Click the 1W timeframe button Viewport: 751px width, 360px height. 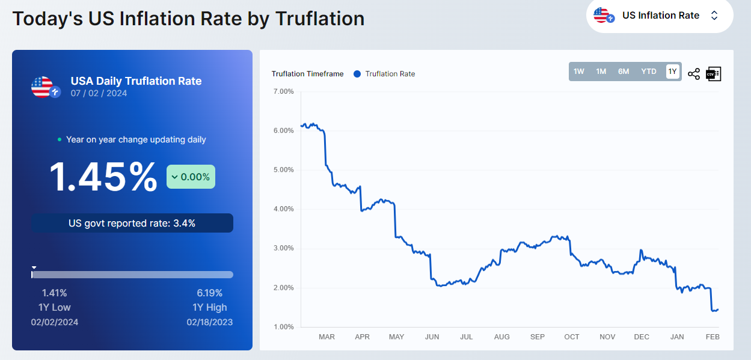578,72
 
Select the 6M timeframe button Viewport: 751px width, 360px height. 624,72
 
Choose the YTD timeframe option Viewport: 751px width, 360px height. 649,72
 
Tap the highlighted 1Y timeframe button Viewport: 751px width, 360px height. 672,72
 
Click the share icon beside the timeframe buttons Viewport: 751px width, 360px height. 694,74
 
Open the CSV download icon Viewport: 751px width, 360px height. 714,74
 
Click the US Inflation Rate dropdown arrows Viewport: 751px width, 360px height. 714,16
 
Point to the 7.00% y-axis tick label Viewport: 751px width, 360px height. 283,91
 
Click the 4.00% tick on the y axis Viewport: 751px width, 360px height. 283,209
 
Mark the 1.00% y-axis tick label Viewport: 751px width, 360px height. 283,327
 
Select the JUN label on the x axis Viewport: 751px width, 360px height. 432,337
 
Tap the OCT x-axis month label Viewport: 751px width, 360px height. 572,337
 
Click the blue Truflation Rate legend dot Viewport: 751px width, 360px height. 357,74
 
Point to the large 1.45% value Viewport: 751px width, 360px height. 103,177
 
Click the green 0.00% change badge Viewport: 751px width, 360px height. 191,177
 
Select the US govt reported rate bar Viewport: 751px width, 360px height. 132,223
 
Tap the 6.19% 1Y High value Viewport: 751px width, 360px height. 209,293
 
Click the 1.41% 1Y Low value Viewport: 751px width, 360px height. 54,293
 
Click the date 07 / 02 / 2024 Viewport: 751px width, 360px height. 99,93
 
